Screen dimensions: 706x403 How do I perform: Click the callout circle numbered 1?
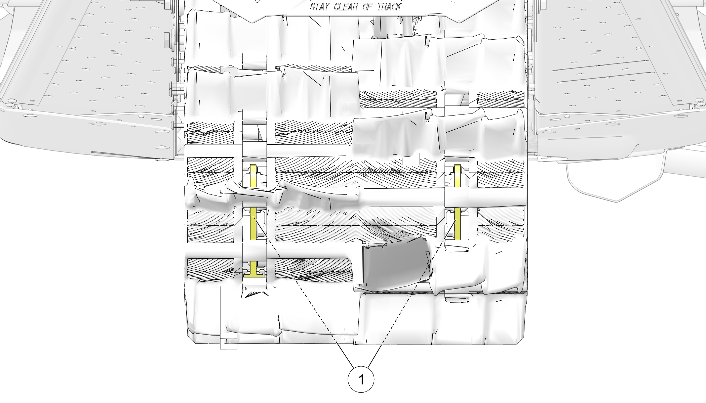(x=361, y=379)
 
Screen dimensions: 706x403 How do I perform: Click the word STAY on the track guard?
(x=319, y=7)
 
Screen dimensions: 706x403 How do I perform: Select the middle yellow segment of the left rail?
(x=253, y=223)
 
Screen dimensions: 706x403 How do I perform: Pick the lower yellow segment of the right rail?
(x=458, y=224)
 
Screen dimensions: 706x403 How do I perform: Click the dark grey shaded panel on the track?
(x=395, y=265)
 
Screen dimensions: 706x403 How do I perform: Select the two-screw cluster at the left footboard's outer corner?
(x=11, y=103)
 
